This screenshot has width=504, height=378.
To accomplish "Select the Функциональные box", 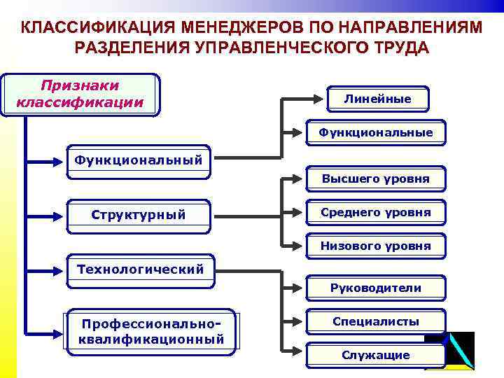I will (x=375, y=132).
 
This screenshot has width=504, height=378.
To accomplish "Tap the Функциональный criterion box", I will (x=139, y=161).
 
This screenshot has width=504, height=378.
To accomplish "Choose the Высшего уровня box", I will (x=375, y=179).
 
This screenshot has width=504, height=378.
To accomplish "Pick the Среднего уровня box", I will (x=375, y=212).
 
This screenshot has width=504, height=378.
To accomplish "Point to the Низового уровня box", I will (x=375, y=246).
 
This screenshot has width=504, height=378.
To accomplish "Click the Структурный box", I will (x=139, y=214).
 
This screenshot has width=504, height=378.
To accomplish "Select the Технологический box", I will (x=140, y=269).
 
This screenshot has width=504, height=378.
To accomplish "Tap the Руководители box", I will (x=375, y=288).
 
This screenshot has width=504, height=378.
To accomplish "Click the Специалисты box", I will (x=375, y=321).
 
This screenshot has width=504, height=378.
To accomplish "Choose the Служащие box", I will (x=375, y=355).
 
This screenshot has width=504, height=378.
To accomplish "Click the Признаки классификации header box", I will (x=80, y=94).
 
